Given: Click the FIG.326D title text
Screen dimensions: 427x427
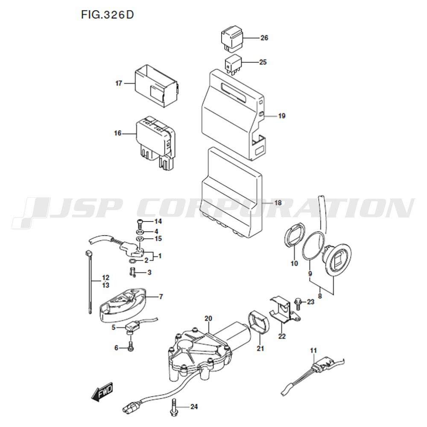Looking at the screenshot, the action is [107, 15].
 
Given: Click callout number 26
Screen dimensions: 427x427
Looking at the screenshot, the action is [264, 38].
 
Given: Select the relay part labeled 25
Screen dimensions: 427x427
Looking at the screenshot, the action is [234, 64].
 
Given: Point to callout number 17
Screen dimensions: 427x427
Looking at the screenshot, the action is [119, 83].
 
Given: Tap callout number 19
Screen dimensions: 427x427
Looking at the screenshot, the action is [281, 116].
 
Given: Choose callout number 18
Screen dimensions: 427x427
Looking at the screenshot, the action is [278, 203].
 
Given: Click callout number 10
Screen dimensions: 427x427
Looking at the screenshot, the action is [294, 263].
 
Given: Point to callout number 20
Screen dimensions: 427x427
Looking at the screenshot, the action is [208, 319].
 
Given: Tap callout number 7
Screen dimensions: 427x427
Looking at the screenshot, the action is [161, 297].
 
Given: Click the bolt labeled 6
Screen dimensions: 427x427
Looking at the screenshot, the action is [131, 346].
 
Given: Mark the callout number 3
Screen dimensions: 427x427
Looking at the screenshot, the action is [149, 272].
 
